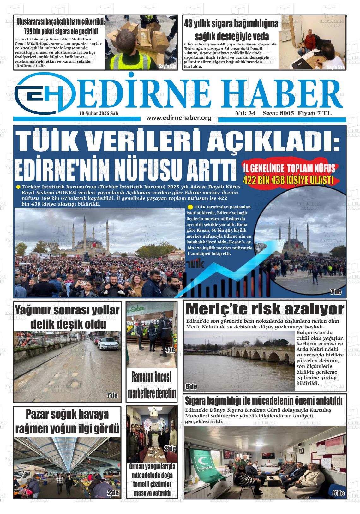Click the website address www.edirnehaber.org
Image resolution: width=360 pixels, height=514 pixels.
point(179,118)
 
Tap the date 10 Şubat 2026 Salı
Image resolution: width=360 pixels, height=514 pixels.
point(99,113)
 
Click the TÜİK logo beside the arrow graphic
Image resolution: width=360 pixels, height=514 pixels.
point(195,263)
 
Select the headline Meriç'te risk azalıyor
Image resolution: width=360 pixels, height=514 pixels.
point(265,309)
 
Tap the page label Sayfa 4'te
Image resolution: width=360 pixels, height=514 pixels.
point(167,66)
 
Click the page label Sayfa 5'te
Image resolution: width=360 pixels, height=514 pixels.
point(336,67)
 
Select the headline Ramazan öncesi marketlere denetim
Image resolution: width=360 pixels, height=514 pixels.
point(152,385)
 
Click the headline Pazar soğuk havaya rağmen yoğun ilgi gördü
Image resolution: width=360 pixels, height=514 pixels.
point(67,421)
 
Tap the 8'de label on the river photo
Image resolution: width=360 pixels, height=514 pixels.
point(191,386)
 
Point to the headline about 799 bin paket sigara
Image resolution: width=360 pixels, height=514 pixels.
point(61,27)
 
